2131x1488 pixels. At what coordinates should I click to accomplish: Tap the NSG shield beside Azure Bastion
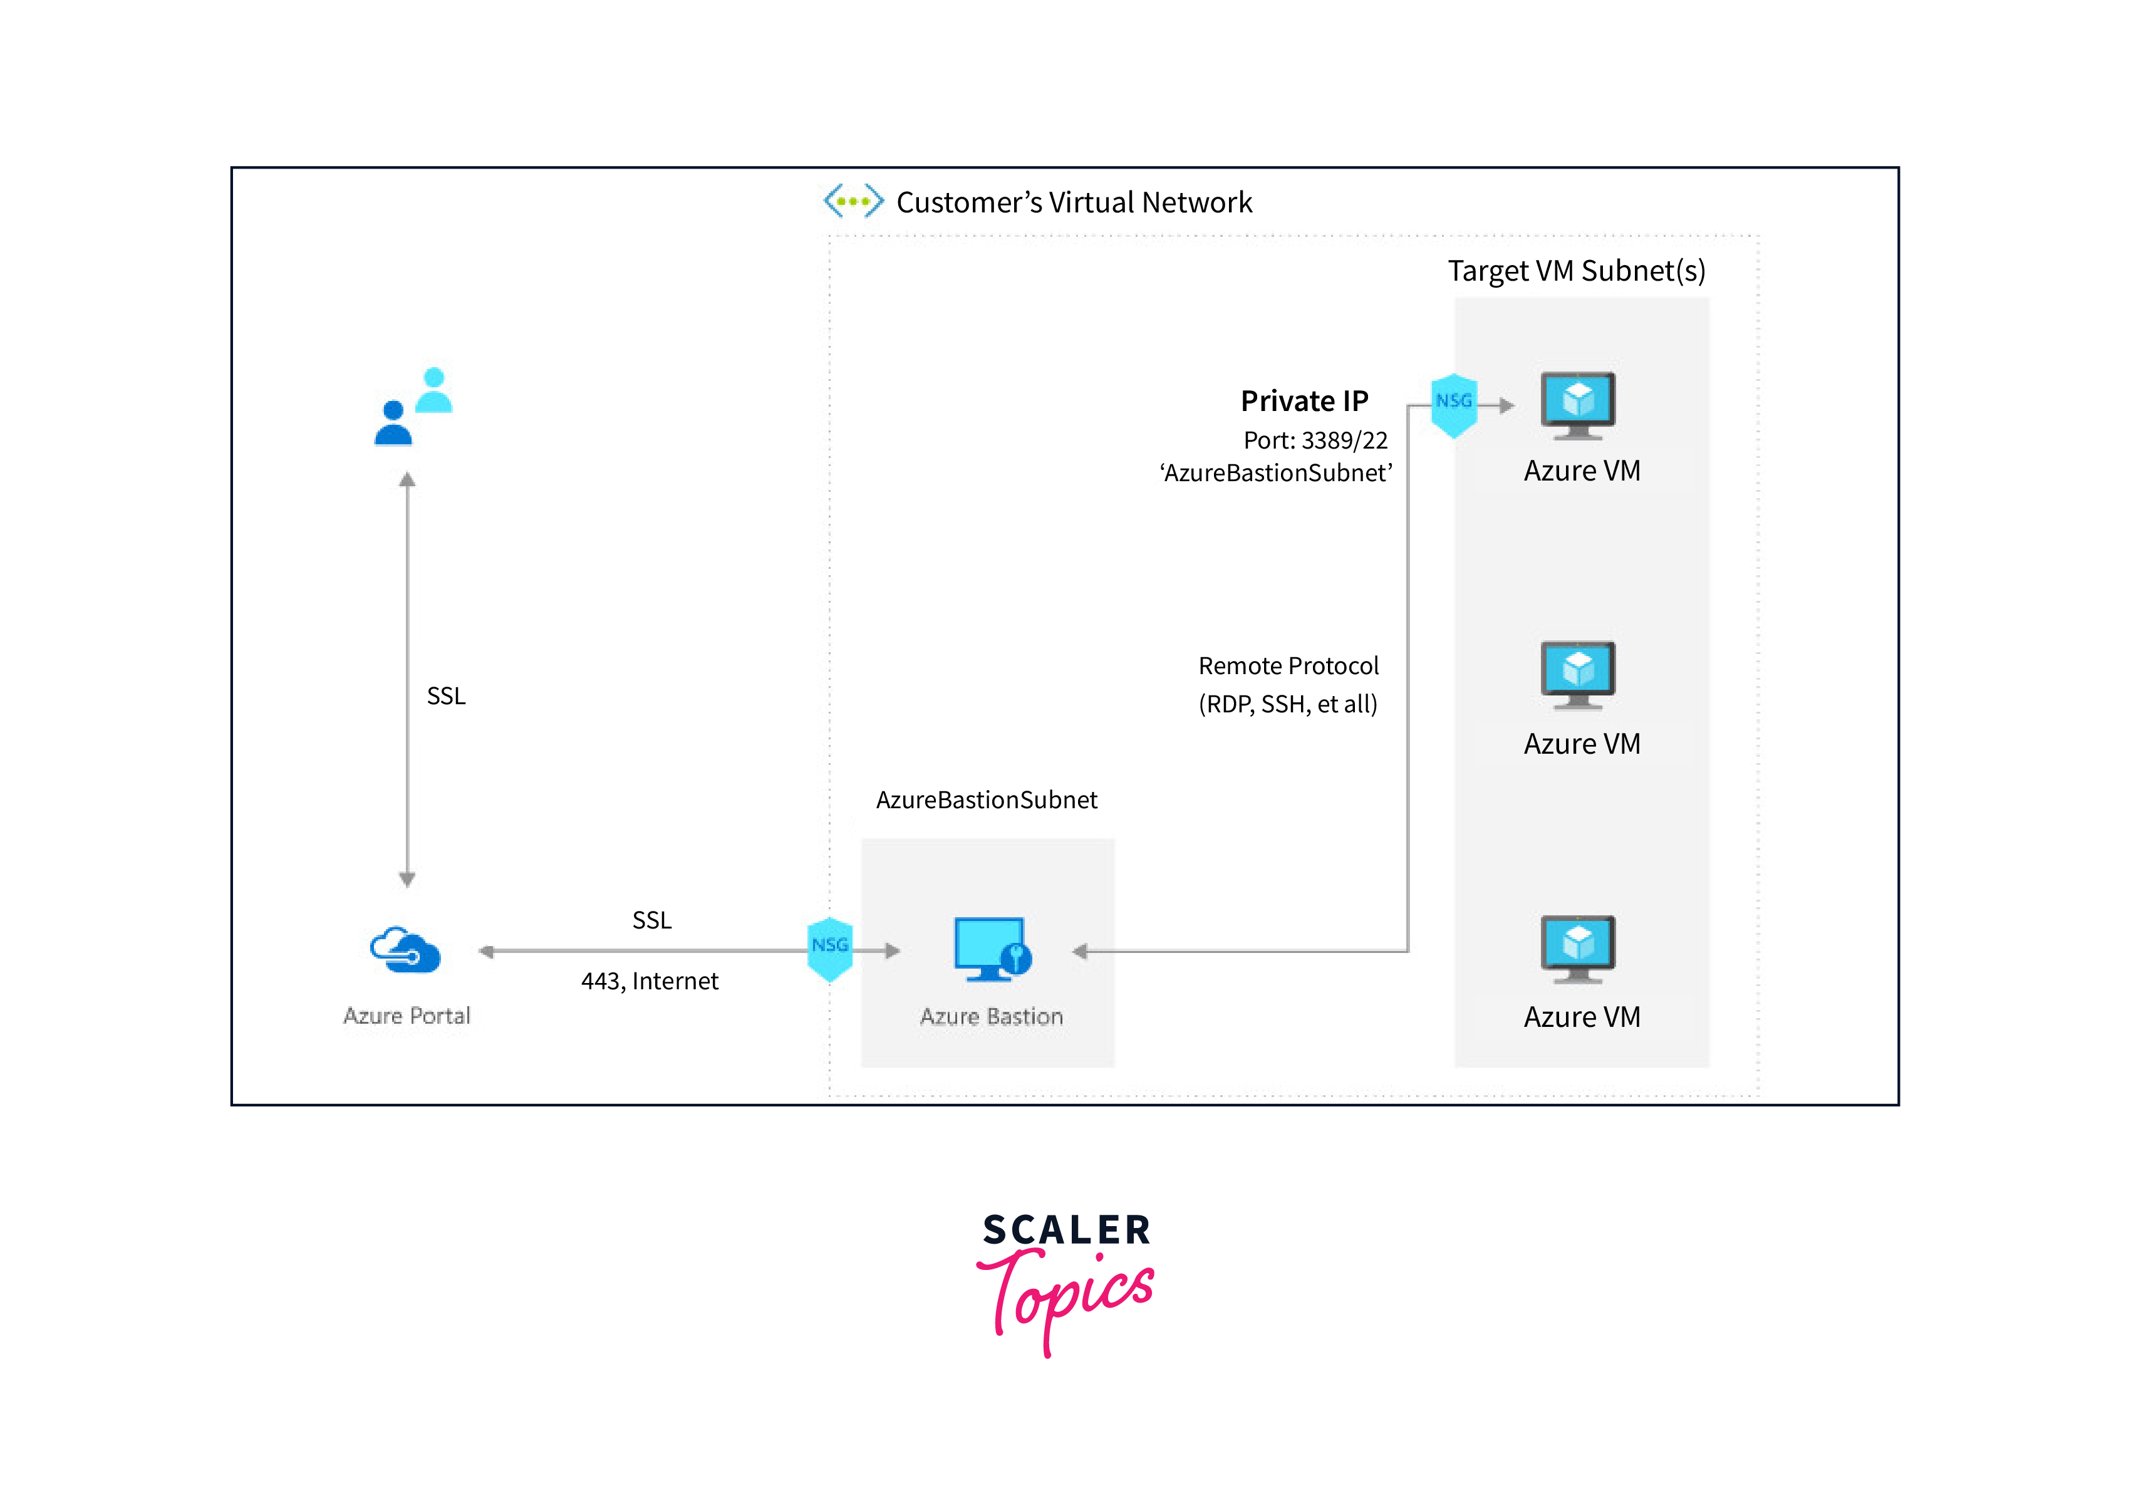[x=830, y=948]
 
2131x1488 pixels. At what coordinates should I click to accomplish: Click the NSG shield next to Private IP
[x=1453, y=403]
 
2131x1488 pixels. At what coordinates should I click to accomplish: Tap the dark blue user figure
[x=393, y=424]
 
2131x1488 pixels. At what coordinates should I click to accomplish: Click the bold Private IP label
[x=1304, y=401]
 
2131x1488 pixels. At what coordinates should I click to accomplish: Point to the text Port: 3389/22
[x=1315, y=440]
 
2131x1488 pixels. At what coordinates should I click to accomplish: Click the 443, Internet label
[x=650, y=981]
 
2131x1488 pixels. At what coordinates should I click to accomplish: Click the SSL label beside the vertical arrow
[x=445, y=696]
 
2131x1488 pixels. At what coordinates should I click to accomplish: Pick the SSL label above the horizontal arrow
[x=651, y=920]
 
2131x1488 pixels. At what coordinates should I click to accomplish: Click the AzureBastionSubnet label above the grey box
[x=986, y=800]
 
